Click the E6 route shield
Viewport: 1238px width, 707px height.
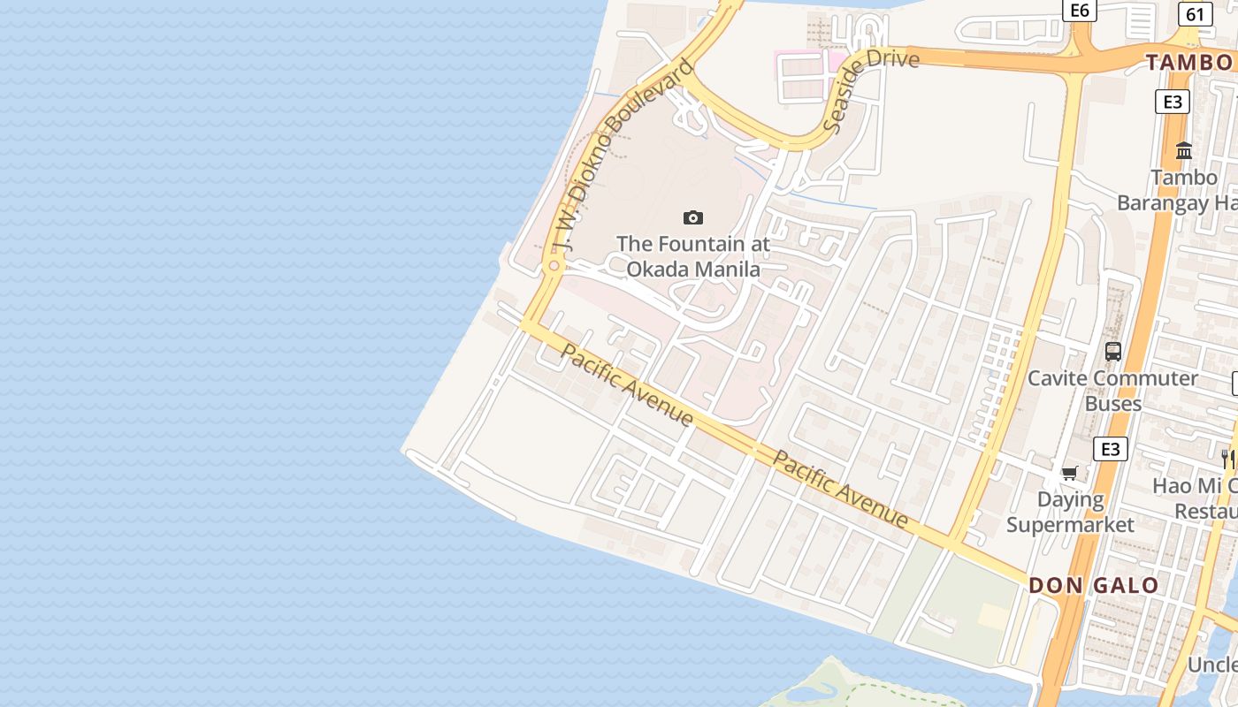click(1079, 10)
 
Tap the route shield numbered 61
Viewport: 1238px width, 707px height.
click(1195, 14)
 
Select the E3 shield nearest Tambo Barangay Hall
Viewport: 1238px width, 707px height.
click(1172, 102)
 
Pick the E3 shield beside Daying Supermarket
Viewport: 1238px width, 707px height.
click(1111, 449)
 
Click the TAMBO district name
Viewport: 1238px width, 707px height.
click(1190, 62)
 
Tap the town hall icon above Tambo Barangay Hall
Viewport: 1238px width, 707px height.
click(1184, 151)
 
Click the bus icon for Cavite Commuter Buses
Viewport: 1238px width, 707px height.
click(1113, 352)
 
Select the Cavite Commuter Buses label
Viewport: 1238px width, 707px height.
click(1112, 391)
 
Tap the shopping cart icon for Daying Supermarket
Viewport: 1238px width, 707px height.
click(1070, 473)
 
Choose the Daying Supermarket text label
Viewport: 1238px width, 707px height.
click(1070, 513)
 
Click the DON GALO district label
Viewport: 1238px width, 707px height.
click(1093, 585)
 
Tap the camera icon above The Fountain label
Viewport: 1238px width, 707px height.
click(693, 217)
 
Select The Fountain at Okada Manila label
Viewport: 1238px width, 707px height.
click(693, 256)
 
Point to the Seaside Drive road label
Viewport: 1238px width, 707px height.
click(870, 90)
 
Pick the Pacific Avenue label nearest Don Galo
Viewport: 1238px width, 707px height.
click(840, 489)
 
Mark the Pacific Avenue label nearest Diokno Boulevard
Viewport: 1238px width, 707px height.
click(628, 384)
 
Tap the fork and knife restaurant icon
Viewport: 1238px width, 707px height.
click(1228, 459)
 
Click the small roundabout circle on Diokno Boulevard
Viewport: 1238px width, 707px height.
click(554, 265)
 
